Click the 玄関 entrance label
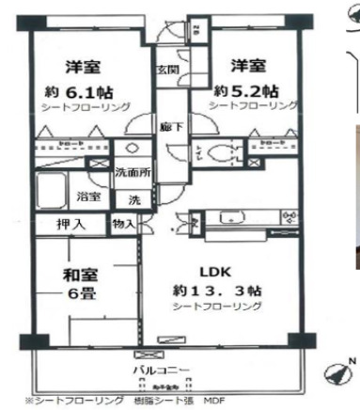tap(166, 71)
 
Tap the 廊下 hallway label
tap(166, 125)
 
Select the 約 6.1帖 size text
tap(87, 91)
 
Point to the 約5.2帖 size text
tap(246, 91)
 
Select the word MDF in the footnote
tap(216, 399)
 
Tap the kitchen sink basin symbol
tap(230, 218)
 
